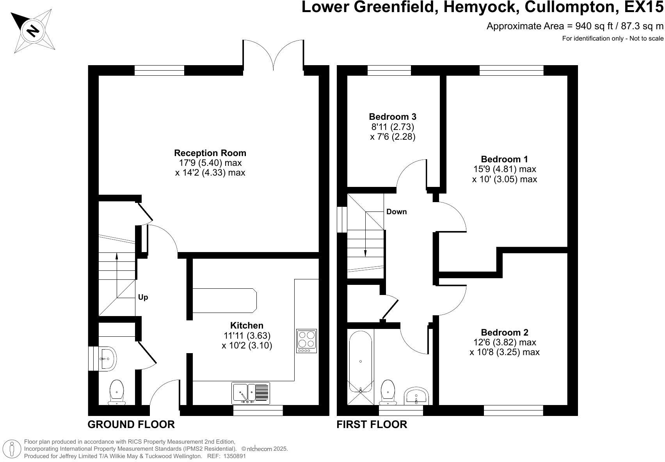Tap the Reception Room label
210,153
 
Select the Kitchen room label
247,325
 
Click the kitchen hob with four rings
306,341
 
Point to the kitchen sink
251,393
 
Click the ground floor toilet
117,393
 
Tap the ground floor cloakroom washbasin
107,359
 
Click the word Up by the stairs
143,297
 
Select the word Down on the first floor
397,212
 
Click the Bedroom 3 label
393,116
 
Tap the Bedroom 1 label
504,159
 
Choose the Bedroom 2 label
504,332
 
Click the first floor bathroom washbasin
416,396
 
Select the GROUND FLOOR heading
131,424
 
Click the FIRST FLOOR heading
372,424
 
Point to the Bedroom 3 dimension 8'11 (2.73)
393,127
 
